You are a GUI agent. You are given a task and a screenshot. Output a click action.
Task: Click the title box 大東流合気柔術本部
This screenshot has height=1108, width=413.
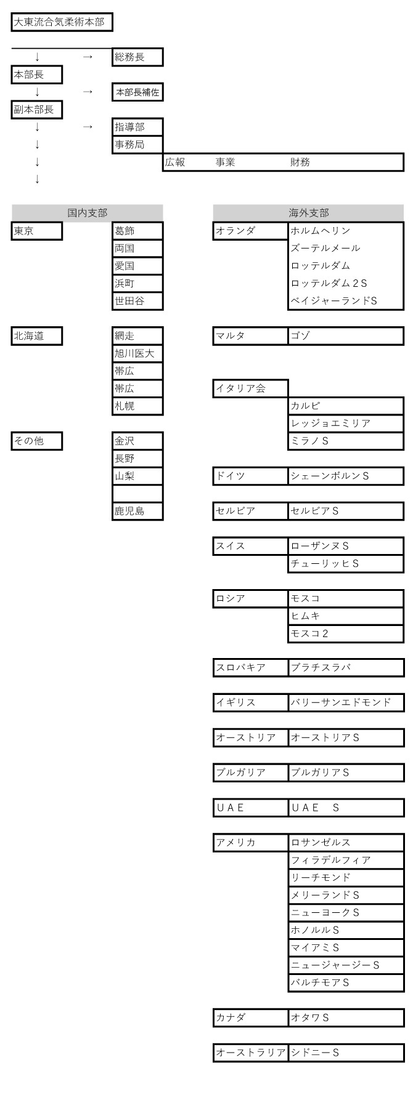pos(62,23)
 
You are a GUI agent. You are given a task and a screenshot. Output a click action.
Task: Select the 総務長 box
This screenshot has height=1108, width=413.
pos(137,57)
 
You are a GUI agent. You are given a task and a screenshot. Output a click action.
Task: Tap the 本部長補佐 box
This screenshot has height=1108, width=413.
pos(137,92)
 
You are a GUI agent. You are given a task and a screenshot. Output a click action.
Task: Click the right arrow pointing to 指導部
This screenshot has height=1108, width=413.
pos(88,127)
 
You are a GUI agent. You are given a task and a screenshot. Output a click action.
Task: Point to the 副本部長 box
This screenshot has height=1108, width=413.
pos(37,110)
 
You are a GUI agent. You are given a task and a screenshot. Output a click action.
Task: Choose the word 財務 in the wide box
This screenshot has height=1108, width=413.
pos(300,163)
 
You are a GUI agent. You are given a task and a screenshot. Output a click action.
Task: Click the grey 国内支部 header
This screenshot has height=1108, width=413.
pos(88,213)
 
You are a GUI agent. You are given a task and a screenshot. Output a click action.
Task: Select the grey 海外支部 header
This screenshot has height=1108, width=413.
pos(309,213)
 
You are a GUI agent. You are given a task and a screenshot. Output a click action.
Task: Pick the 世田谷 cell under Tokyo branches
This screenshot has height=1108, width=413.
pos(137,301)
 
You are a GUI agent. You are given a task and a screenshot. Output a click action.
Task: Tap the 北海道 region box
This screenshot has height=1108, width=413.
pos(37,336)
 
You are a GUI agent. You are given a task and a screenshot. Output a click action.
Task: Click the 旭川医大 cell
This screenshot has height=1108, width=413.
pos(137,353)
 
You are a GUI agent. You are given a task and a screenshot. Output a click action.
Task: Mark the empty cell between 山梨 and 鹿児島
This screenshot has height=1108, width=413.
pos(137,494)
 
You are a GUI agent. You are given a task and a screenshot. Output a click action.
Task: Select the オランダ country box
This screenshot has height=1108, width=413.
pos(250,231)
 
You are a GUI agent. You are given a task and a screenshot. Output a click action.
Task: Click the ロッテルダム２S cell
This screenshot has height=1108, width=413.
pos(346,283)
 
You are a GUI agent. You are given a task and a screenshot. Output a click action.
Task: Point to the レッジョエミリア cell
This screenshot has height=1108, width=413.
pos(346,424)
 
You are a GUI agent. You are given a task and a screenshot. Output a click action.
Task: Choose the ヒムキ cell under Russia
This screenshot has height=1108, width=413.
pos(346,616)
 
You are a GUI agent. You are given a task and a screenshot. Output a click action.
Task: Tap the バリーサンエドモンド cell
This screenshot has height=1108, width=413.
pos(346,702)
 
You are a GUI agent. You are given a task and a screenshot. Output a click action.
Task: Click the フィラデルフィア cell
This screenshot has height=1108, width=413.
pos(346,860)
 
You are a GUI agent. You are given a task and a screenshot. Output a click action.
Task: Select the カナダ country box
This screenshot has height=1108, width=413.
pos(250,1018)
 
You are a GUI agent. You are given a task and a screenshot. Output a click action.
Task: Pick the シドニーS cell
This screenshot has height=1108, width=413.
pos(346,1053)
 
